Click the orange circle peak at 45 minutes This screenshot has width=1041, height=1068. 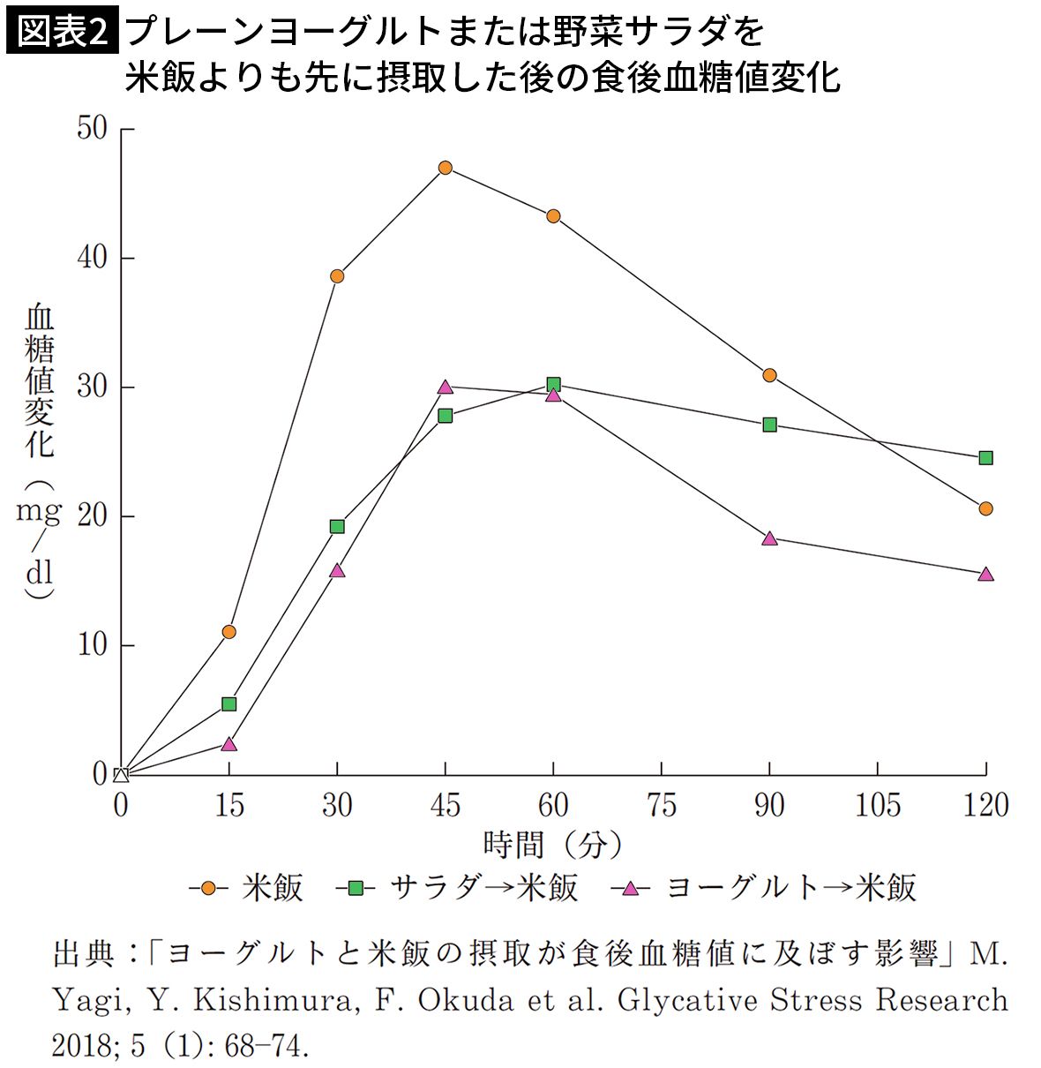click(446, 168)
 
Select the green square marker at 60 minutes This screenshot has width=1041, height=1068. click(553, 384)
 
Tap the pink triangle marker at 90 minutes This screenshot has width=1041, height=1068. click(769, 538)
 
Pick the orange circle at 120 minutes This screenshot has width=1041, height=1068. click(985, 508)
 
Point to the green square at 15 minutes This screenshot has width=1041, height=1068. click(229, 703)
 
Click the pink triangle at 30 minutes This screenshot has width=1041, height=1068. click(337, 571)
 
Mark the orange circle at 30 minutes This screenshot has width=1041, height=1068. click(337, 276)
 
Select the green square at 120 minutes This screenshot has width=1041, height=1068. click(985, 457)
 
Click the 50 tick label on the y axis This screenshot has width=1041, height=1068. click(92, 129)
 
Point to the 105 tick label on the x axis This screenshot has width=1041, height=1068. click(877, 805)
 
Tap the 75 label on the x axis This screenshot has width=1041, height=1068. click(661, 805)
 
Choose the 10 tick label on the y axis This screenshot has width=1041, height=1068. click(92, 645)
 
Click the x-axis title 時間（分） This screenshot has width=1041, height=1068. click(552, 845)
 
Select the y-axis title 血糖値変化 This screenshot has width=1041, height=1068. click(39, 380)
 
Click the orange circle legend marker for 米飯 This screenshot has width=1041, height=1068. click(209, 888)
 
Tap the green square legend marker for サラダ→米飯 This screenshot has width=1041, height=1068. click(356, 888)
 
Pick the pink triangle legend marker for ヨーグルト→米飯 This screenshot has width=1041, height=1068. click(630, 888)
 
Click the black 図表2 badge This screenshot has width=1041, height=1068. click(61, 33)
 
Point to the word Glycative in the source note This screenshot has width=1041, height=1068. click(686, 1000)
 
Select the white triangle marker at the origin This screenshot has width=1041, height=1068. click(122, 775)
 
